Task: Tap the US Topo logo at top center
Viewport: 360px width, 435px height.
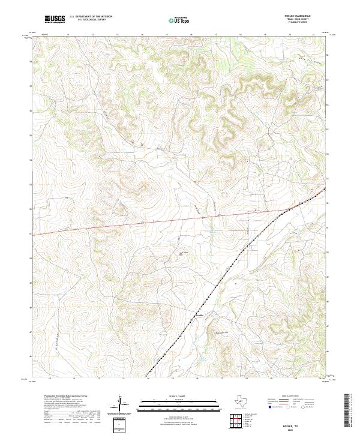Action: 180,20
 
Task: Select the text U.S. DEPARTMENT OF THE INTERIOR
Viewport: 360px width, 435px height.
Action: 91,17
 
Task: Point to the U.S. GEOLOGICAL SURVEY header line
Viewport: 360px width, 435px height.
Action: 91,20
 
